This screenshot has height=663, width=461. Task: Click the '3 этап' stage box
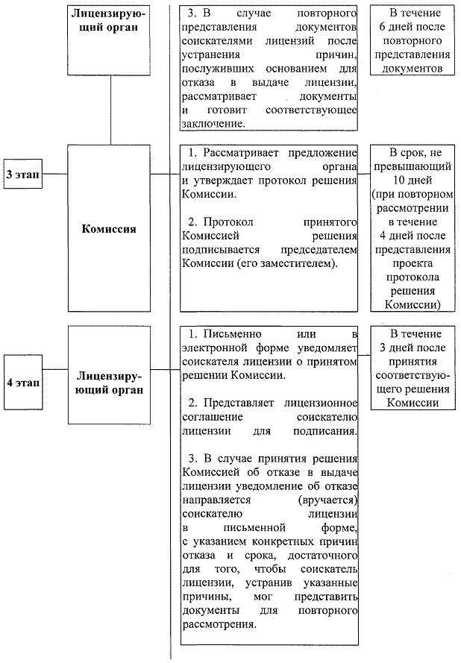[22, 172]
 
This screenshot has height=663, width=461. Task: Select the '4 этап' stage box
[22, 383]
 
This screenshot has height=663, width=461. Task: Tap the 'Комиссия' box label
[109, 229]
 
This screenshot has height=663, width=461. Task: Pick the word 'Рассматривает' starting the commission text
[239, 152]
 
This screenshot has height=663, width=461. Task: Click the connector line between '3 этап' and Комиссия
[56, 173]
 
